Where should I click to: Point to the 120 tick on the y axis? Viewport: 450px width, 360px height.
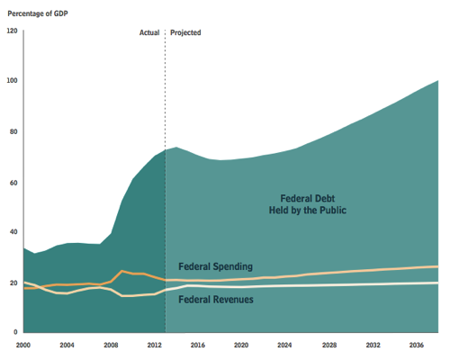click(13, 31)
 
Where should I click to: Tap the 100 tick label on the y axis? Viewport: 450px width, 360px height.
click(13, 82)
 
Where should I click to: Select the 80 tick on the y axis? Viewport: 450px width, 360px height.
click(13, 132)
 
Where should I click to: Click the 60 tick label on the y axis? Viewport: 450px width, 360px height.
click(13, 183)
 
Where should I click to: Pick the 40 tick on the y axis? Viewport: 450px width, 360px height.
click(13, 232)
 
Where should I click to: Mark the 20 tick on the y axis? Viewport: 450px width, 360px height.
click(13, 283)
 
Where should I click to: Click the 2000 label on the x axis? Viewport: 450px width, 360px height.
click(24, 344)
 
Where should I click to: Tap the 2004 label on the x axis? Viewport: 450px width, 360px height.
click(67, 344)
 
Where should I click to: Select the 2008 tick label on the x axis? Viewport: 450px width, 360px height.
click(111, 344)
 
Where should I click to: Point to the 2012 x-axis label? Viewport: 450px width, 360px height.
click(154, 344)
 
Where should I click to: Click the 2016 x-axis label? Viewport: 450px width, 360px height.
click(197, 344)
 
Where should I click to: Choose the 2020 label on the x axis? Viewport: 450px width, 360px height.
click(240, 344)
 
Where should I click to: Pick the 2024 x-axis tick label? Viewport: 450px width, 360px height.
click(284, 344)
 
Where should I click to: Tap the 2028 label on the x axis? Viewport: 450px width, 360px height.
click(328, 344)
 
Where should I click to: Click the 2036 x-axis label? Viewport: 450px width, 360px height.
click(416, 344)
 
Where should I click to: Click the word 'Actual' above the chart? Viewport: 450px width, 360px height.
click(149, 32)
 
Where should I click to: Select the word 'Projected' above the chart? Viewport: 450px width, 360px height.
click(185, 32)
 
